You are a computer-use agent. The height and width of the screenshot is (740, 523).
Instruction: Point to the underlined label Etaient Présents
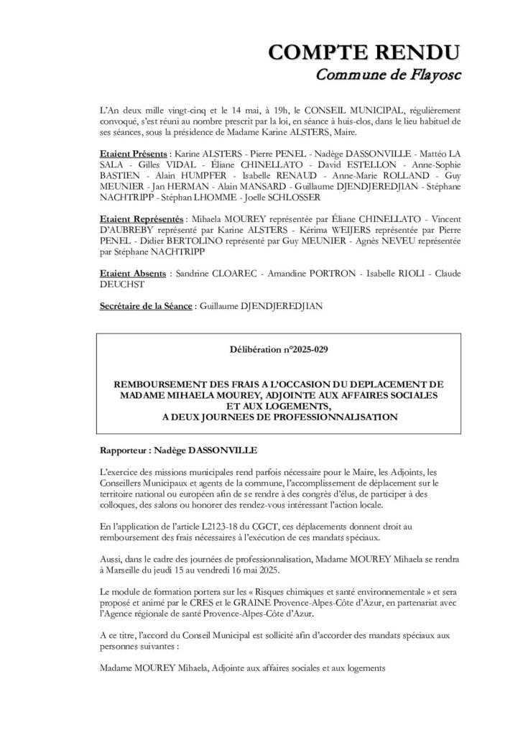(x=132, y=154)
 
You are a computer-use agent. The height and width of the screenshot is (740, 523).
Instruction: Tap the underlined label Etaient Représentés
(x=142, y=216)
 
